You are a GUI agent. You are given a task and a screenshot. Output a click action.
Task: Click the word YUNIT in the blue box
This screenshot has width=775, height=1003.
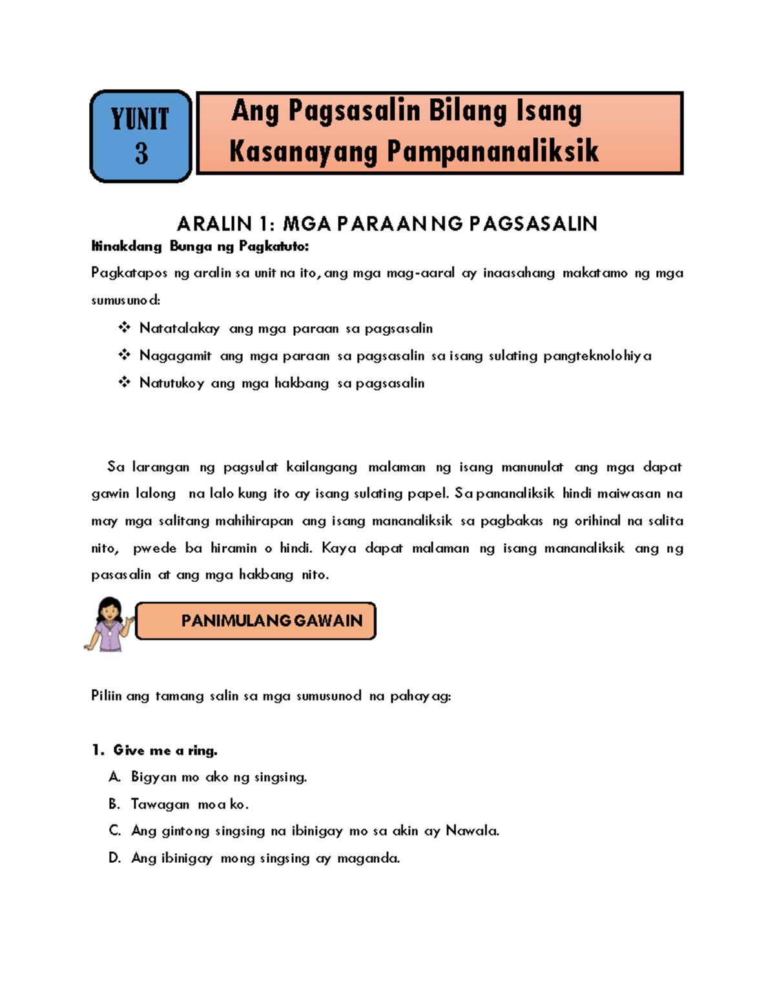coord(140,119)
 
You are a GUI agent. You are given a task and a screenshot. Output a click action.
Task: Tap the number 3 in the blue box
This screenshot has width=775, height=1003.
coord(141,154)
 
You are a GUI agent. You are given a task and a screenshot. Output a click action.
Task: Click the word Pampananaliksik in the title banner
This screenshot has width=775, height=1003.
coord(493,152)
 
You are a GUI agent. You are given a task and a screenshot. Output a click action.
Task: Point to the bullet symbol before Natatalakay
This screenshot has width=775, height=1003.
coord(124,328)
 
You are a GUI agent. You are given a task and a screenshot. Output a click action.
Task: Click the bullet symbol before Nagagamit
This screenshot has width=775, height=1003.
coord(124,355)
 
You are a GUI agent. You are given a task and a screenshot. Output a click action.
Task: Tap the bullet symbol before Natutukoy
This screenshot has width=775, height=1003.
coord(124,382)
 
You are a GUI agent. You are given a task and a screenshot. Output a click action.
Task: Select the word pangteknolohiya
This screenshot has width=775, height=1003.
coord(597,356)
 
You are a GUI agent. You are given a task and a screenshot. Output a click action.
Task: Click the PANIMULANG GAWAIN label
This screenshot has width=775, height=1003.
coord(271,621)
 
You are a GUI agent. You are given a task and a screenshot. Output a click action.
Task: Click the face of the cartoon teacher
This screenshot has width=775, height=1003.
coord(110,609)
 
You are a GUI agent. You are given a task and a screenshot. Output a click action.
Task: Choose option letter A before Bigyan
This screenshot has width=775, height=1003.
coord(114,777)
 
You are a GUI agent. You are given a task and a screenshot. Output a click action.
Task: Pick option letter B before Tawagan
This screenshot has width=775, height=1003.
coord(114,804)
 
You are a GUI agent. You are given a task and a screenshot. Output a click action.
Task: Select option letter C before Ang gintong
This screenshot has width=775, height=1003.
coord(114,831)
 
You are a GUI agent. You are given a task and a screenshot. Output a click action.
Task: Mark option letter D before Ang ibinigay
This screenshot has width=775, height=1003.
coord(114,858)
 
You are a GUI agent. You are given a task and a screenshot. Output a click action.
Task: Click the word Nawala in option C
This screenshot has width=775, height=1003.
coord(472,831)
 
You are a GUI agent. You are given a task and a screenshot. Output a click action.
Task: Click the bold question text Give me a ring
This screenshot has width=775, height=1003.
coord(165,750)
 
